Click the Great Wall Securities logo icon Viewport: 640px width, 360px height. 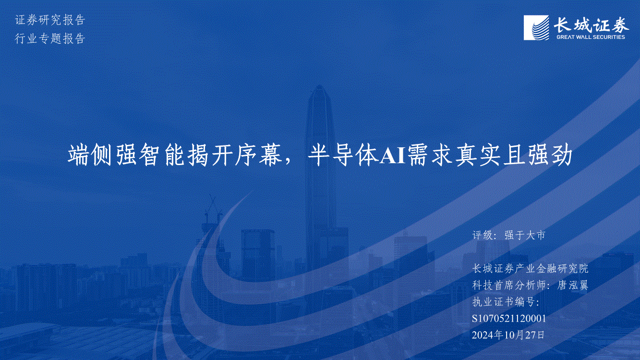pos(536,28)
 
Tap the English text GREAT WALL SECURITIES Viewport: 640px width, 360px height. pos(591,37)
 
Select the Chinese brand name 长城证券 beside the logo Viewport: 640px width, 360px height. pos(591,24)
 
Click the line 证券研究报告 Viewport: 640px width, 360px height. pos(50,20)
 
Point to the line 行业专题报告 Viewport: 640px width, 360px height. pos(50,38)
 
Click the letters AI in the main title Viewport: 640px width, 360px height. pos(393,156)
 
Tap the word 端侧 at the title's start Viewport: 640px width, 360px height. pos(89,156)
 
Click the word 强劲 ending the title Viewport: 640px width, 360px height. pos(550,156)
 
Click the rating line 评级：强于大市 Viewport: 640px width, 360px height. pos(509,235)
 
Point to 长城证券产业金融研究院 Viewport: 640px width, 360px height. pos(530,268)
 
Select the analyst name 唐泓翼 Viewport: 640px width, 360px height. pos(573,285)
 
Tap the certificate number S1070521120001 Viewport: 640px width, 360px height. pos(509,318)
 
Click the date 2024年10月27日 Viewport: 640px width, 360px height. pos(508,335)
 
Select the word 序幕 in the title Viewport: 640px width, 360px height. pos(259,156)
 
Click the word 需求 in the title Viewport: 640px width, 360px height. pos(431,156)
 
